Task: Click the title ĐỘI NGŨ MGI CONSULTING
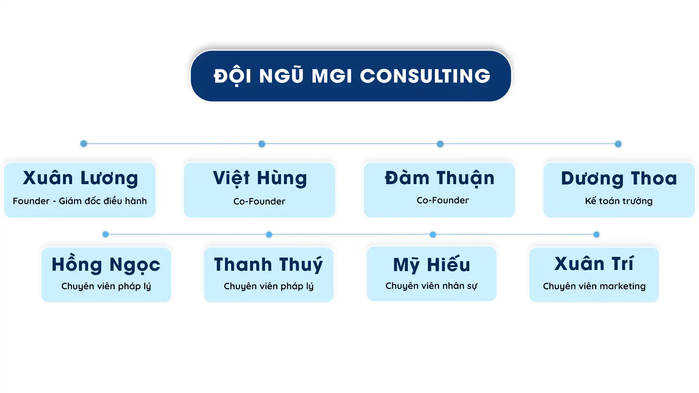pos(352,76)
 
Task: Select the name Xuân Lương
pos(80,178)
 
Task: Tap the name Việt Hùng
pos(260,178)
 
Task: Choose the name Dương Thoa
pos(619,178)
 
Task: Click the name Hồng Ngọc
pos(106,264)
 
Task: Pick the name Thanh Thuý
pos(268,264)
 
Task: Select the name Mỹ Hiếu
pos(431,264)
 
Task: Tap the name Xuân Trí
pos(594,263)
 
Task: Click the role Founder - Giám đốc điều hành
pos(80,201)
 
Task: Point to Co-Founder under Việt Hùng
pos(259,201)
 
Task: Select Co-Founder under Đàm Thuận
pos(443,200)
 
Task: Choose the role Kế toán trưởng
pos(619,201)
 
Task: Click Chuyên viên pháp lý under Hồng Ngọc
pos(106,286)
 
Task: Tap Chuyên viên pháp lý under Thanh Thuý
pos(269,286)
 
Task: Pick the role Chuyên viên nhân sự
pos(431,286)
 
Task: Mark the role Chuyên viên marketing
pos(594,286)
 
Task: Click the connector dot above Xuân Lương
pos(84,144)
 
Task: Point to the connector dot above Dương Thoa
pos(618,144)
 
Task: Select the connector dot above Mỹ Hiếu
pos(433,235)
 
